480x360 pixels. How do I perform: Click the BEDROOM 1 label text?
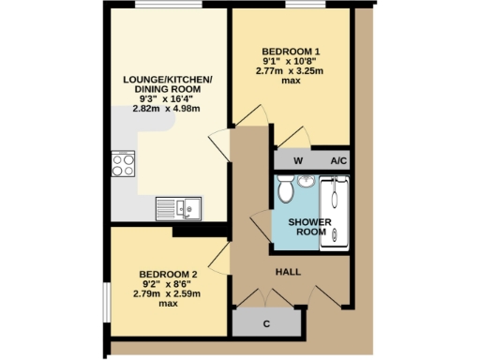click(x=292, y=51)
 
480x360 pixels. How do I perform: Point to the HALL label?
click(x=287, y=271)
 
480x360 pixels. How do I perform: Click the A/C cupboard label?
click(x=338, y=161)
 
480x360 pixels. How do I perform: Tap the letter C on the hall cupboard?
click(x=266, y=323)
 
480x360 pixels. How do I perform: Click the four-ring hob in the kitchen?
click(x=123, y=165)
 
